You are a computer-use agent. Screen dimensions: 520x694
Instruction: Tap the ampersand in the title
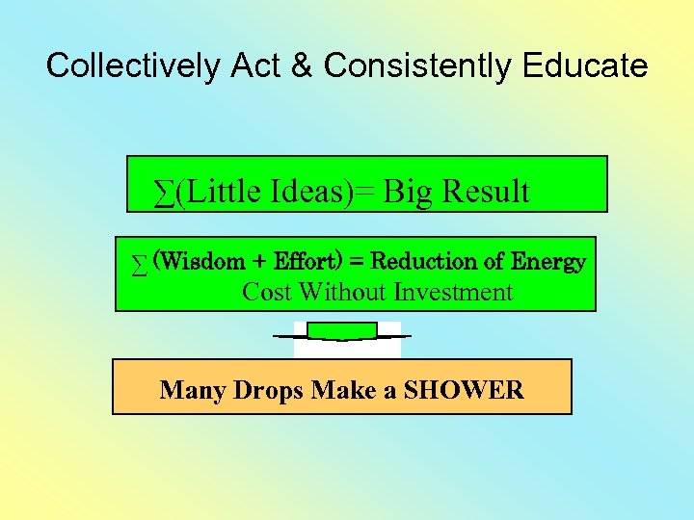[304, 65]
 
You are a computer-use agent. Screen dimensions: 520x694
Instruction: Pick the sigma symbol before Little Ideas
[165, 193]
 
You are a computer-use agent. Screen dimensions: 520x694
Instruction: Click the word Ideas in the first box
[318, 192]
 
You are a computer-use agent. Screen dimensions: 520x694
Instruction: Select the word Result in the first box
[485, 192]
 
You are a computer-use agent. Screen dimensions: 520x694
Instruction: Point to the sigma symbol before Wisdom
[141, 264]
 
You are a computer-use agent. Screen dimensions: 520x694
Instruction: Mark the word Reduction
[424, 261]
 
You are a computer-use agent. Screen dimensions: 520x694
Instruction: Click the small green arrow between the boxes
[341, 331]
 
